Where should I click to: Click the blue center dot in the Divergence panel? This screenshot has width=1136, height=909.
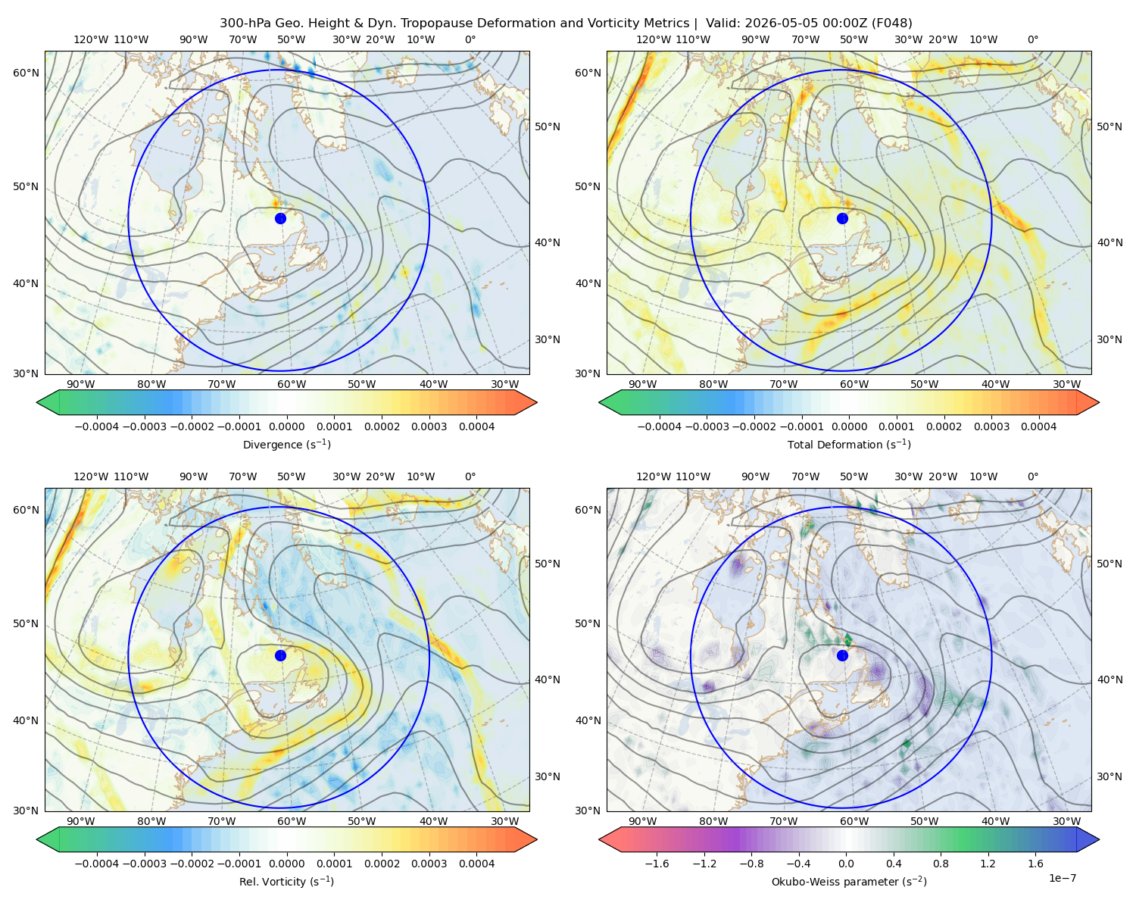point(280,218)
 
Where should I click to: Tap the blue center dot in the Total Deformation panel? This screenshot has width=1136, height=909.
point(842,218)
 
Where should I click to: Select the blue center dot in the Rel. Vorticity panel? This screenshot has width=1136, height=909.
point(280,655)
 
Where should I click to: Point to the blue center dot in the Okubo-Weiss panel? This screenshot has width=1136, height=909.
point(842,655)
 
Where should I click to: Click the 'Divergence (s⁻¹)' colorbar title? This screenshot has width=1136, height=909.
point(286,444)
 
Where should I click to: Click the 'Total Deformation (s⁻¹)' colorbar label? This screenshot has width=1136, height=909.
point(849,444)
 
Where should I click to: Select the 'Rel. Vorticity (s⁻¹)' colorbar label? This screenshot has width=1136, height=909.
point(286,881)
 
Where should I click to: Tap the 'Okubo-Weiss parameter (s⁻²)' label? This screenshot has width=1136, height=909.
point(849,881)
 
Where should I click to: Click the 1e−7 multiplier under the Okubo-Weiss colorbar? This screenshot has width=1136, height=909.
point(1062,878)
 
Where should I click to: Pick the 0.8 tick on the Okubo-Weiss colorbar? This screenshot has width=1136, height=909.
point(941,863)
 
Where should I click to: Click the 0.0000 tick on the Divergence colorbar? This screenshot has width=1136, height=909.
point(286,426)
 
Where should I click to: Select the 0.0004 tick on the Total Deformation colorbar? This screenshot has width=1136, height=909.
point(1038,426)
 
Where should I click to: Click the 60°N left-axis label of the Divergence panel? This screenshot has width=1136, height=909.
point(26,73)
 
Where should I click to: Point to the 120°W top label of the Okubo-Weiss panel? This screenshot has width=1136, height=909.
point(653,476)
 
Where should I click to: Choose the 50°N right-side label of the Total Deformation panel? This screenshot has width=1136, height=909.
point(1109,127)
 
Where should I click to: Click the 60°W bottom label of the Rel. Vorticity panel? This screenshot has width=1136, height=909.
point(292,821)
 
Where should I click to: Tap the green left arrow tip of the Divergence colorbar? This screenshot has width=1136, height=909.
point(37,402)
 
